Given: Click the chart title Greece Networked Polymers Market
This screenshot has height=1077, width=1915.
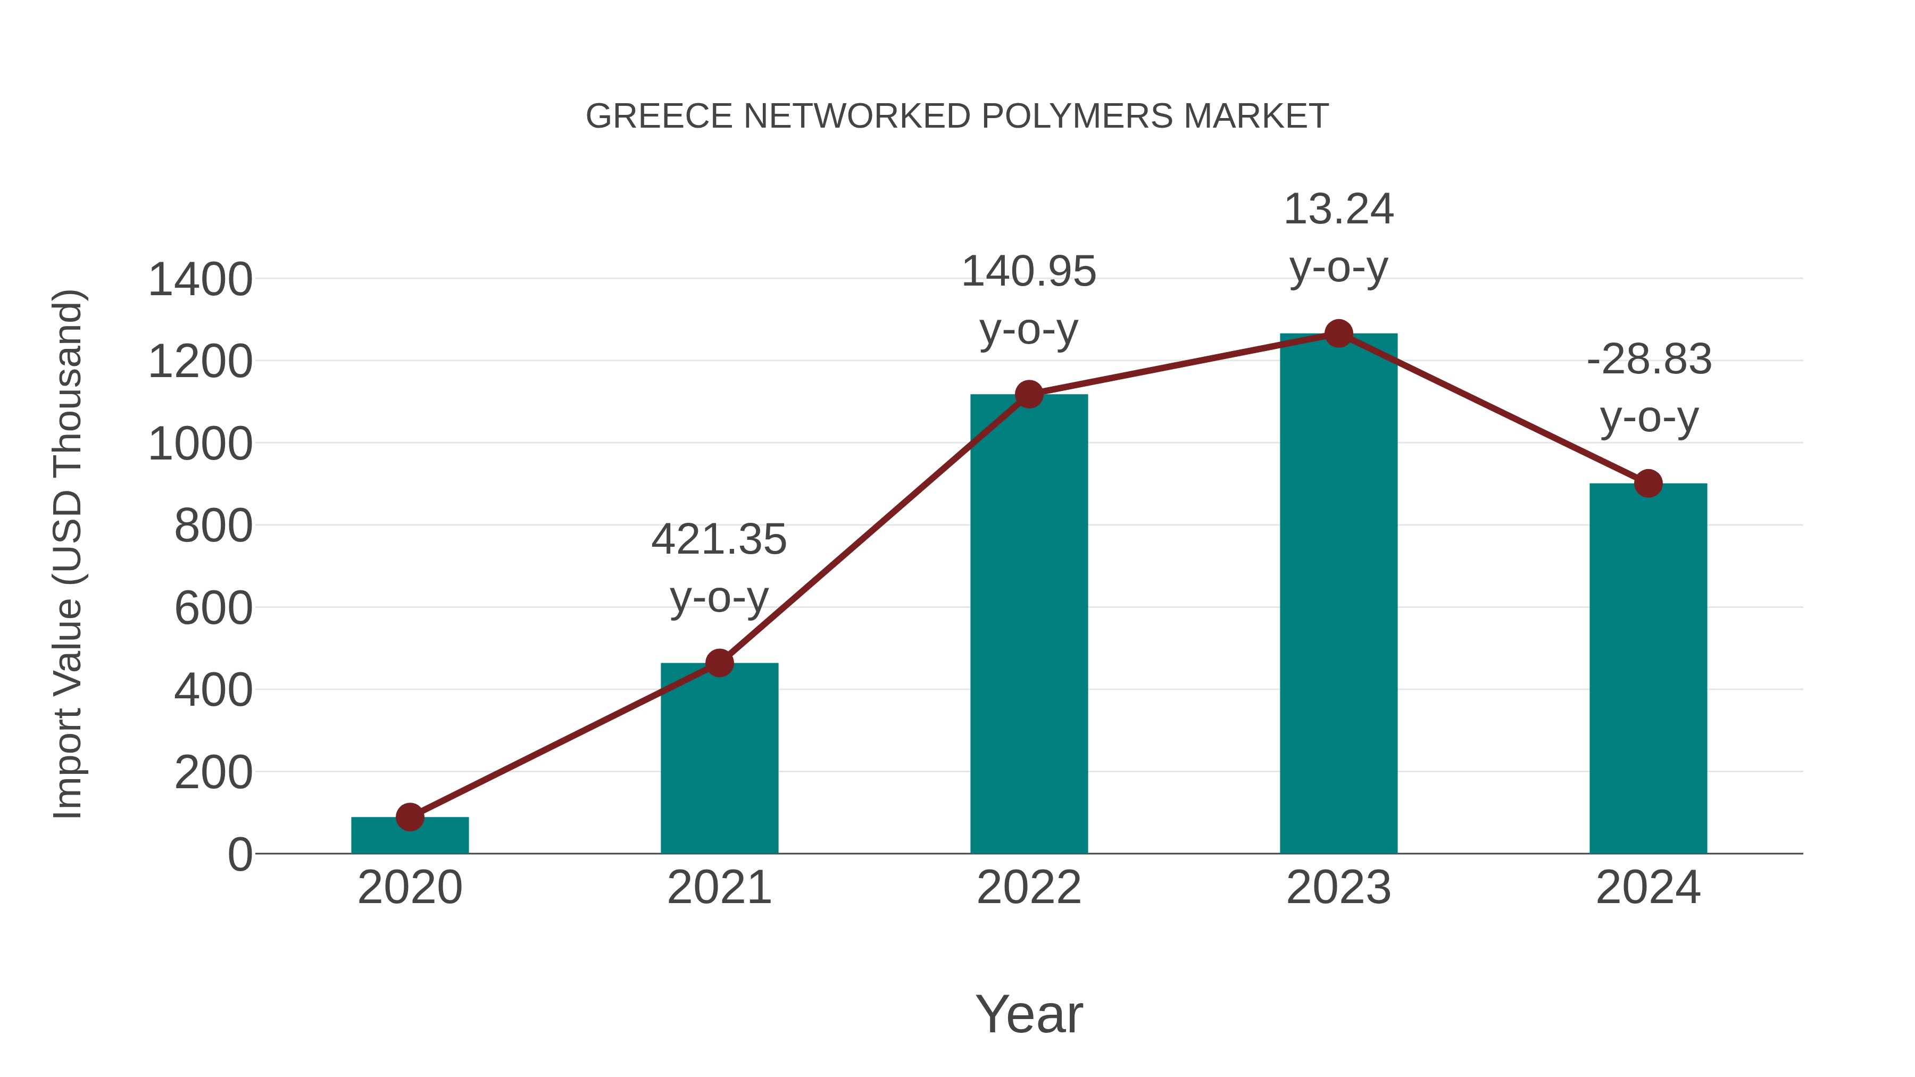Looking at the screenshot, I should [x=957, y=116].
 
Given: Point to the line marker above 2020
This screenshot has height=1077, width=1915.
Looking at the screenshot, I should [x=410, y=817].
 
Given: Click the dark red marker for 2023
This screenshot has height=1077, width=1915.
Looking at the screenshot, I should [x=1338, y=333].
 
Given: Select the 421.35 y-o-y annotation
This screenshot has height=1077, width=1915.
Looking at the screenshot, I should [x=719, y=568].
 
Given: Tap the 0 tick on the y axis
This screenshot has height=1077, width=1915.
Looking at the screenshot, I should [x=240, y=854].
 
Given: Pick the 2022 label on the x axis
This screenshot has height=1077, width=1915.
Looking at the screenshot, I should [x=1029, y=888].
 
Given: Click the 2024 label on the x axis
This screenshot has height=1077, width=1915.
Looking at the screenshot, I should [x=1648, y=888].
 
